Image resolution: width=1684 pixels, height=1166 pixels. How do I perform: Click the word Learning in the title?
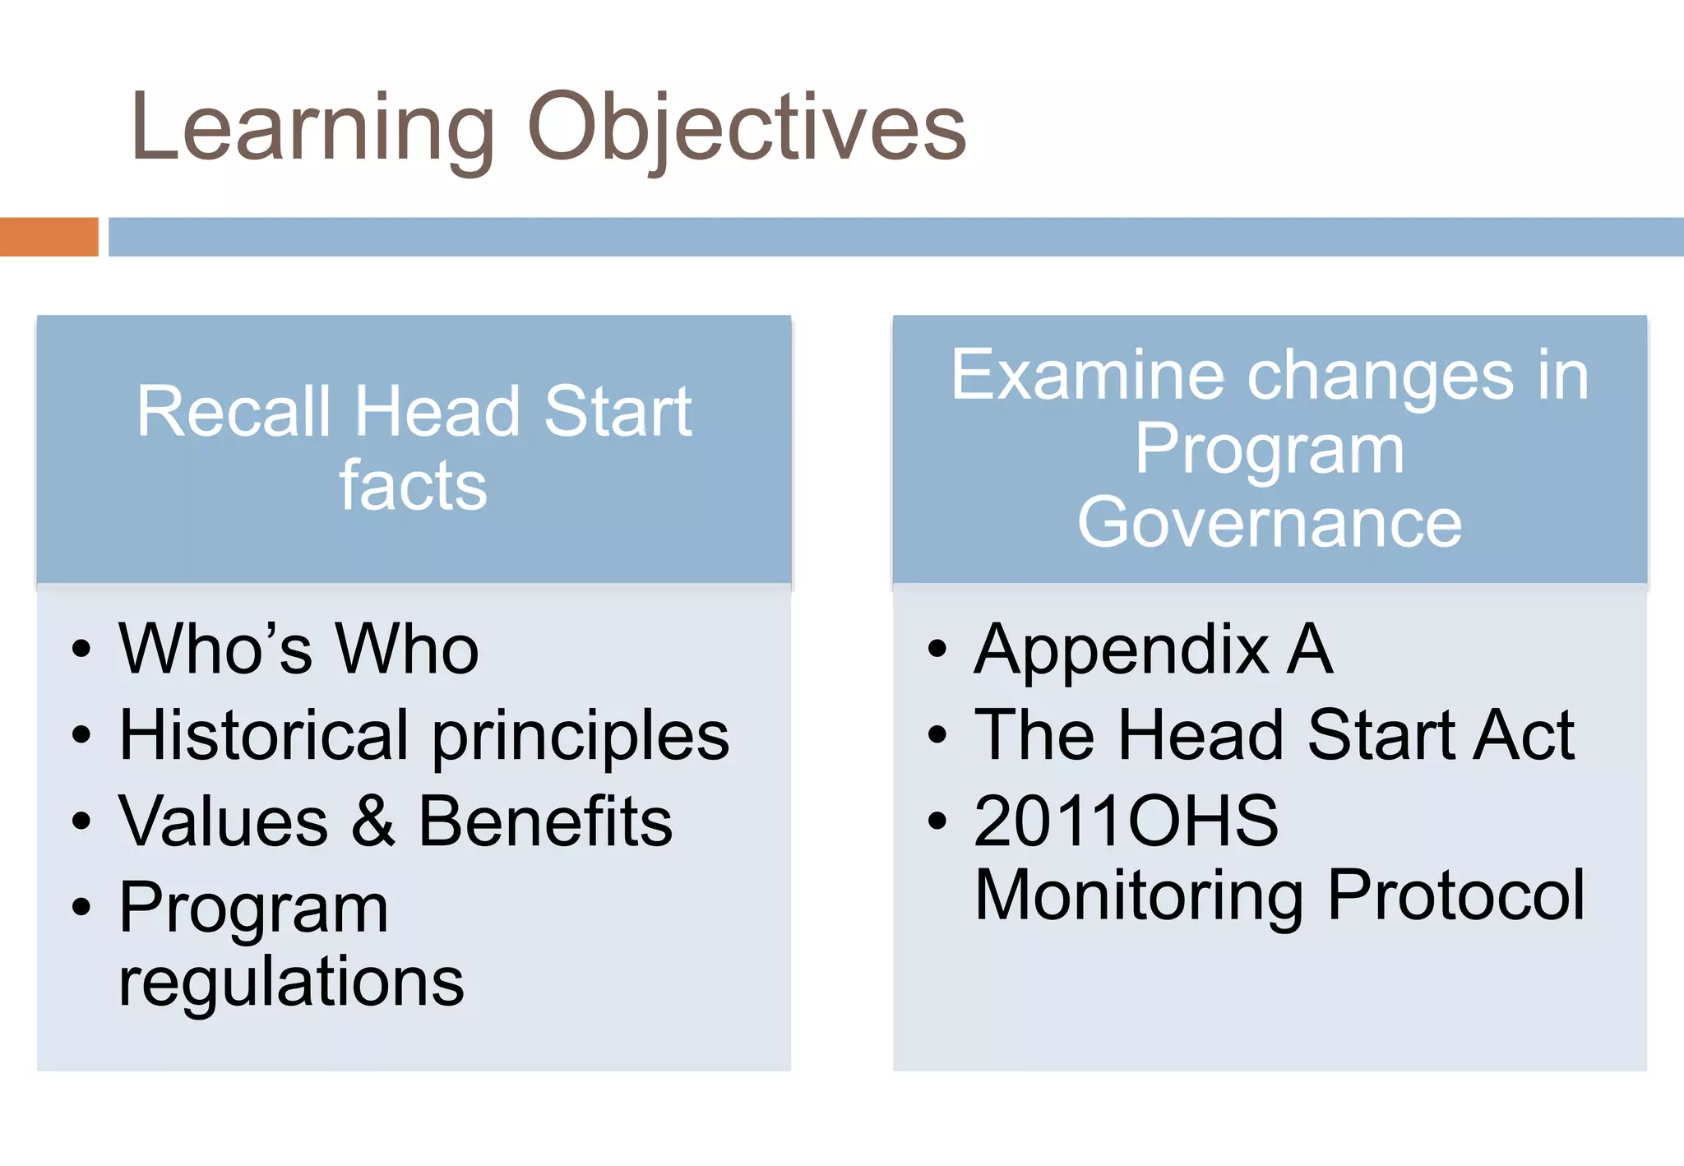312,127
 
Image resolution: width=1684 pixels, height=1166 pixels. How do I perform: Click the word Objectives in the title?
747,127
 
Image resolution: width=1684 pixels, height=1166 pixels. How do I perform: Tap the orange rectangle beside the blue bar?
49,237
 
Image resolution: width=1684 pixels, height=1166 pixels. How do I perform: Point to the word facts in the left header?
414,485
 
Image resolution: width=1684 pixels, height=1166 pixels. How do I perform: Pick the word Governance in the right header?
1270,523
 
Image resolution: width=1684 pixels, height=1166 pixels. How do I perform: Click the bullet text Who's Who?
298,649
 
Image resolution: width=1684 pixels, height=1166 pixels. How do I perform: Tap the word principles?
581,736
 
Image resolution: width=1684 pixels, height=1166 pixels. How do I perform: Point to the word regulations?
291,983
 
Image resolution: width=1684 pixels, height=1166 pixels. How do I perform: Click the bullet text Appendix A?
1153,650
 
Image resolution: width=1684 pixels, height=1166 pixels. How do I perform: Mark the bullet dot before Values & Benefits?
81,821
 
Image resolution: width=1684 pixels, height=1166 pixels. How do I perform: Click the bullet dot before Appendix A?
937,649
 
